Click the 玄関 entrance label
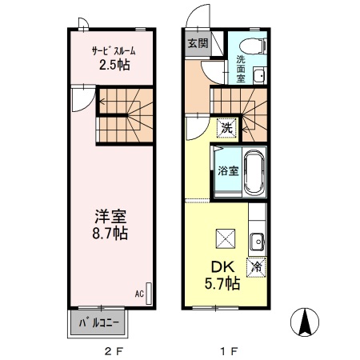click(x=198, y=43)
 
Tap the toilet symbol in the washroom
click(x=253, y=46)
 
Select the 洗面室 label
click(x=241, y=69)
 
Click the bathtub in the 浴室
click(x=254, y=172)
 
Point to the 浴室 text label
click(x=228, y=170)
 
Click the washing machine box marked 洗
click(x=227, y=128)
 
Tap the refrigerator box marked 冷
click(x=257, y=267)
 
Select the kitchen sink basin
click(x=257, y=242)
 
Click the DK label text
click(x=222, y=267)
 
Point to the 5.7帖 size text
click(x=222, y=283)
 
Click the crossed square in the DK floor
click(x=226, y=238)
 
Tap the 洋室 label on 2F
click(x=110, y=217)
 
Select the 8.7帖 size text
click(x=110, y=233)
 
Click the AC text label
click(x=139, y=294)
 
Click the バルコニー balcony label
click(x=98, y=323)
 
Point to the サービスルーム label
click(x=114, y=50)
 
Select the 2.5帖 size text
click(x=114, y=65)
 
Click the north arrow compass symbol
click(x=305, y=322)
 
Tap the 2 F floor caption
click(x=114, y=352)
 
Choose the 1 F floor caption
click(x=229, y=352)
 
